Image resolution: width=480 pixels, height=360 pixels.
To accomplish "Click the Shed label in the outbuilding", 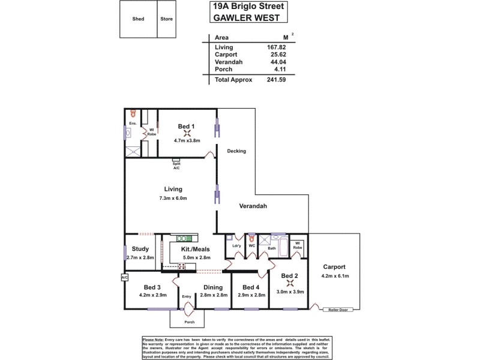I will [138, 19].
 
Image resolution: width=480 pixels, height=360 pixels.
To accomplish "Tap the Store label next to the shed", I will [166, 19].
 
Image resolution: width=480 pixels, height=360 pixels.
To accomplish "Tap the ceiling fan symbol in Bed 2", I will [290, 284].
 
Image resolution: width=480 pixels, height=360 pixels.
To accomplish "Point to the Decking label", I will [237, 151].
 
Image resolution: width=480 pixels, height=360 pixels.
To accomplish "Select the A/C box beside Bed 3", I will [124, 278].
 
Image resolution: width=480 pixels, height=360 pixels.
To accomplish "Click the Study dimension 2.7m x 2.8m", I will [140, 257].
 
